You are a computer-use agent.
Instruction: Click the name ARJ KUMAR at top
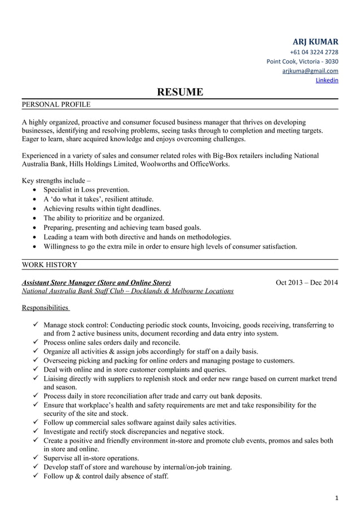point(315,42)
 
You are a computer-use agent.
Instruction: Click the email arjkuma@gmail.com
point(310,71)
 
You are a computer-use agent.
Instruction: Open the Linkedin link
point(327,80)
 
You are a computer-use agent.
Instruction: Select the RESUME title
point(179,91)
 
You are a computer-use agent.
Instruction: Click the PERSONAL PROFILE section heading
point(56,104)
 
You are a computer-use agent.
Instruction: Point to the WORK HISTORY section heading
point(50,264)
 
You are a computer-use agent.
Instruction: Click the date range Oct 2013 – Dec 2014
point(306,282)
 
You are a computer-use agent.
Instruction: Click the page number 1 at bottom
point(336,497)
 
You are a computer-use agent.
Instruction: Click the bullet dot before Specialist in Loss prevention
point(37,190)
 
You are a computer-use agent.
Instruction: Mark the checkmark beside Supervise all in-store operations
point(36,458)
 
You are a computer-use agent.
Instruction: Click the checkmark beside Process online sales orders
point(36,343)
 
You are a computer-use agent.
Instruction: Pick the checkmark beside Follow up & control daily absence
point(36,476)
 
